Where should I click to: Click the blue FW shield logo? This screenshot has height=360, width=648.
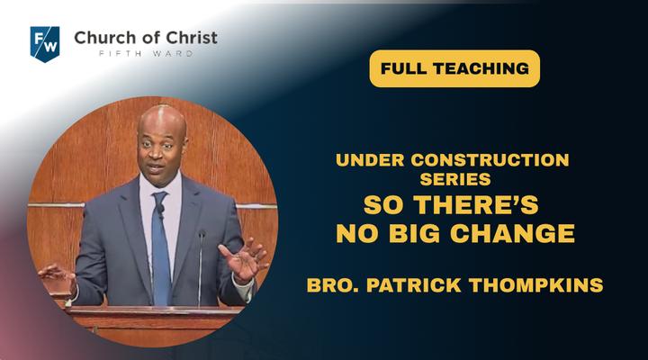[x=45, y=44]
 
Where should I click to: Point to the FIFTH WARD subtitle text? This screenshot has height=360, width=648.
[x=146, y=54]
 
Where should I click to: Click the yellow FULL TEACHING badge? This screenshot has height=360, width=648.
[x=454, y=68]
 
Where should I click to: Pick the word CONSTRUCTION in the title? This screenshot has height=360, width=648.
[x=490, y=160]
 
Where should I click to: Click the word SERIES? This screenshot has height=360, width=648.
[x=455, y=179]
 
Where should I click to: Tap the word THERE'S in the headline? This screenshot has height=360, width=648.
[x=476, y=204]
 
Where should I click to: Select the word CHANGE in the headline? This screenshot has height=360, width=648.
[x=512, y=233]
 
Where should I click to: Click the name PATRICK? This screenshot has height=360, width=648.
[x=414, y=285]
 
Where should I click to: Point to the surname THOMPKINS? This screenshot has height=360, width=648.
[x=536, y=285]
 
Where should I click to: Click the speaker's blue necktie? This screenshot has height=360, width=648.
[x=161, y=248]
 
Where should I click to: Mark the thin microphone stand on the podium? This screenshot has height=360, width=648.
[x=201, y=269]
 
